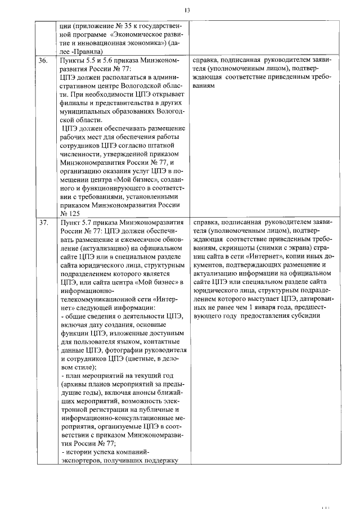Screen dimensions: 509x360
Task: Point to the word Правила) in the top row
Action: click(87, 51)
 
